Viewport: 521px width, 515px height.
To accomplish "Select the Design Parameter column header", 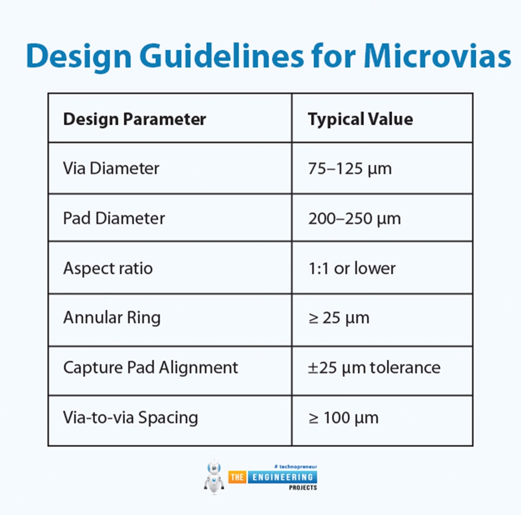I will [134, 119].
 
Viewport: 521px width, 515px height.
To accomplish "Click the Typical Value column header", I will [360, 119].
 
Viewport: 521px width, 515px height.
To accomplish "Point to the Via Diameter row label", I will [111, 169].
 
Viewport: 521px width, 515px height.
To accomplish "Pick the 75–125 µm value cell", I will [350, 169].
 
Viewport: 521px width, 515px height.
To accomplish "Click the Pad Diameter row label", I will [114, 219].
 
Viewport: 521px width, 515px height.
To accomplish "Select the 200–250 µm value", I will [354, 219].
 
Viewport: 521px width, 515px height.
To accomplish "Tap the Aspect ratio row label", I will [107, 268].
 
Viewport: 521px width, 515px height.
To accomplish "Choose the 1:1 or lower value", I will [352, 268].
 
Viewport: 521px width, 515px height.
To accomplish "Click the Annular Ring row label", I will [111, 318].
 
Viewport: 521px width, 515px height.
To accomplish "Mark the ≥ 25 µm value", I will [338, 318].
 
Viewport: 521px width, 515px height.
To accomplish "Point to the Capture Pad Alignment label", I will [150, 367].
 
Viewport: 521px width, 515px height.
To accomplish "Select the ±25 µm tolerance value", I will [374, 367].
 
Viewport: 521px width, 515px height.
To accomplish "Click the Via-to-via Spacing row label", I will [130, 418].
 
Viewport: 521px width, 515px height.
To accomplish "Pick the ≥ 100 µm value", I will [343, 418].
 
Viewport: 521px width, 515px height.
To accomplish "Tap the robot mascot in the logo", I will [214, 477].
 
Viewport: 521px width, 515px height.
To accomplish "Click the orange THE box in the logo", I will [237, 477].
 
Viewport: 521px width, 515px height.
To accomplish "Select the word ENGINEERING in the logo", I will [281, 477].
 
